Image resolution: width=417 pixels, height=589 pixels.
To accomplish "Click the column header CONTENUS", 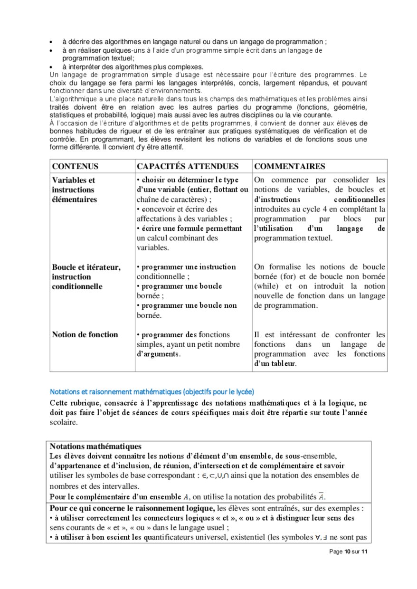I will (x=75, y=166).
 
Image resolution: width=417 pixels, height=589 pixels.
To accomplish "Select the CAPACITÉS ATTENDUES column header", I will (x=188, y=166).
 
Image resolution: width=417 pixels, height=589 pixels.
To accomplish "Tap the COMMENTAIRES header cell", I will (x=290, y=166).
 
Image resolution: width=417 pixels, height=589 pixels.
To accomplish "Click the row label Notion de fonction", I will (x=85, y=334).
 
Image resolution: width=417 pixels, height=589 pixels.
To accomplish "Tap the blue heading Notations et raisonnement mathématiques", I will (x=152, y=392).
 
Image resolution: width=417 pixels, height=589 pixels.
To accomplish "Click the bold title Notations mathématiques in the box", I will (x=95, y=446).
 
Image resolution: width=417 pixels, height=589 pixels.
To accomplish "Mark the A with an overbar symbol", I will (x=322, y=496).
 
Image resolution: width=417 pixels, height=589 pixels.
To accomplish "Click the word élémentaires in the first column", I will (x=74, y=199).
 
